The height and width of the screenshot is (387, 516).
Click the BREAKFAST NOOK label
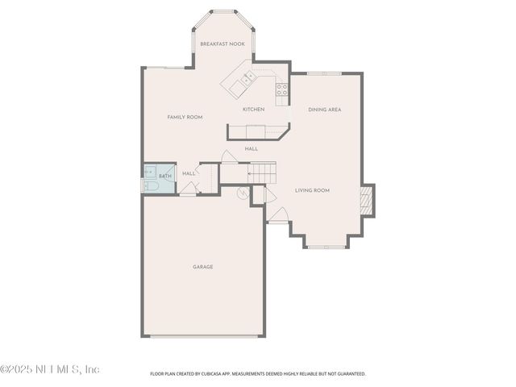click(223, 44)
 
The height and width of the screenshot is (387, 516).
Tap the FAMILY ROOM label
click(185, 117)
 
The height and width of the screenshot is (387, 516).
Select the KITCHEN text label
click(253, 110)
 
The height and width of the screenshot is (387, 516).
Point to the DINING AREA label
click(324, 110)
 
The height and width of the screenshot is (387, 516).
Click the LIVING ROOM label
click(312, 190)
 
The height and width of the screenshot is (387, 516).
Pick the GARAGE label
click(202, 267)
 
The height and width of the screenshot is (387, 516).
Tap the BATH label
click(165, 176)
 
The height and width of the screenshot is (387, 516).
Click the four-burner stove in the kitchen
click(281, 89)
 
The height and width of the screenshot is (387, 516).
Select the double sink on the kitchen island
click(248, 77)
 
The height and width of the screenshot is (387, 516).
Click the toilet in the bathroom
click(152, 186)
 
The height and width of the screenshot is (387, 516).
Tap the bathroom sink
click(150, 172)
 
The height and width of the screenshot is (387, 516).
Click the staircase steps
click(261, 173)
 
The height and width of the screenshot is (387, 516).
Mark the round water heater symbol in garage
click(243, 193)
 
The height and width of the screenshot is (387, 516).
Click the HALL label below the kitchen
click(252, 148)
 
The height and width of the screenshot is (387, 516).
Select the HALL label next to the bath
click(189, 173)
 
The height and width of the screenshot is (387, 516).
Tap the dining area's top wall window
click(324, 73)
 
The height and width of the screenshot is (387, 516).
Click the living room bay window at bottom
click(324, 247)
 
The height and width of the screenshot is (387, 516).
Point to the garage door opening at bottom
click(204, 336)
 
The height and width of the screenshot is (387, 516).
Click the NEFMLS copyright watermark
click(49, 369)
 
